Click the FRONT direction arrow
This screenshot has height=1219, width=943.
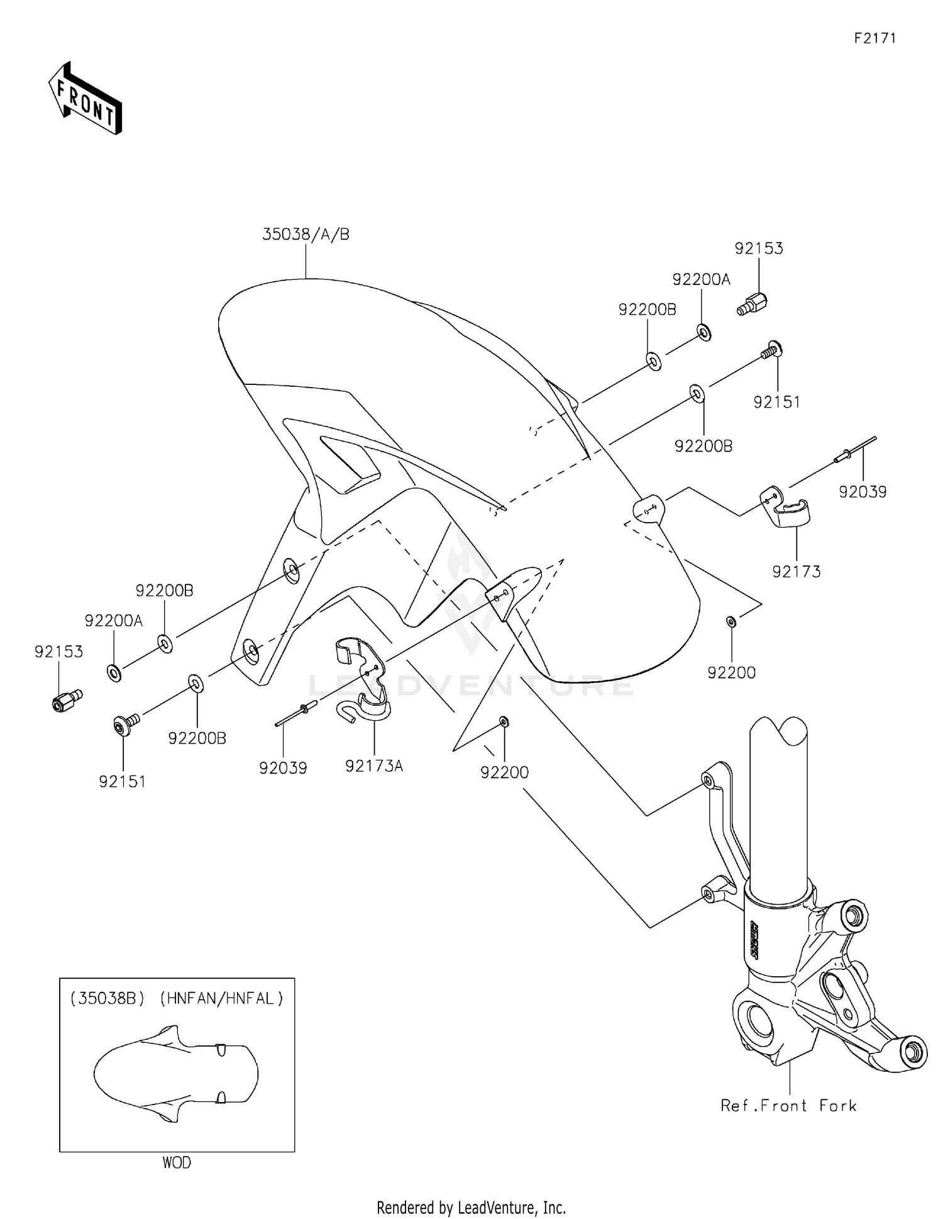pos(85,98)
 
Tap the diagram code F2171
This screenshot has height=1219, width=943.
pos(874,38)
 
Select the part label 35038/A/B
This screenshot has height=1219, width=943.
pos(306,234)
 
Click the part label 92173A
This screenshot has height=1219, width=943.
pos(374,766)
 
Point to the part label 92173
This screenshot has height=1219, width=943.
pos(797,572)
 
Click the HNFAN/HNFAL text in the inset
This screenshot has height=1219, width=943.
pos(221,998)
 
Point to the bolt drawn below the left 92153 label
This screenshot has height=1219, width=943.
pos(67,700)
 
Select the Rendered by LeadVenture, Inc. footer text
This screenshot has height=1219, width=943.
pos(471,1208)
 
